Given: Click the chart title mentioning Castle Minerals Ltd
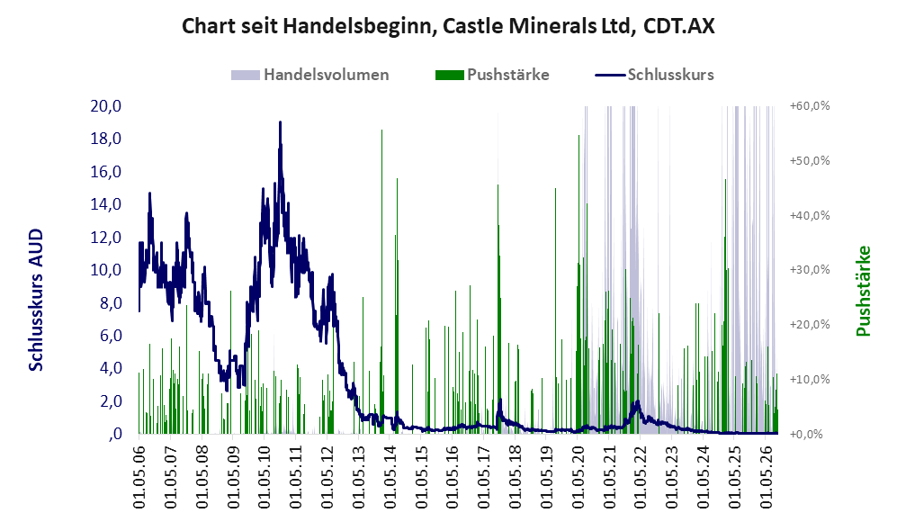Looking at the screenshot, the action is tap(448, 26).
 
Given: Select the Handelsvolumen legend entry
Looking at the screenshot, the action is tap(310, 75).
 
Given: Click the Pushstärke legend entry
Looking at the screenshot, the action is tap(492, 75).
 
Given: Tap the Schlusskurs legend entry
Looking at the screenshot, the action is tap(654, 75).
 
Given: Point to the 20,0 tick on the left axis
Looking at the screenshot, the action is tap(106, 106).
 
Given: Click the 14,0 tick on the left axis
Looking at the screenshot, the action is tap(106, 204).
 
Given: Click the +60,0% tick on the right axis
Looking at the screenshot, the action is tap(810, 106).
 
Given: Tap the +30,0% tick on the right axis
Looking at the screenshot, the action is tap(810, 269).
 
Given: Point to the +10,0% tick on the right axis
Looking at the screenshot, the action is tap(810, 379).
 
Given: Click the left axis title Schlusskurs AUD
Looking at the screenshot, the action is tap(36, 300).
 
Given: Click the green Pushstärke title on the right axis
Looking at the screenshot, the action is tap(863, 292).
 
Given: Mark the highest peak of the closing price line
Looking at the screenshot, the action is tap(280, 122).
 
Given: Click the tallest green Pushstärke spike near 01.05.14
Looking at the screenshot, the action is tap(382, 130).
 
